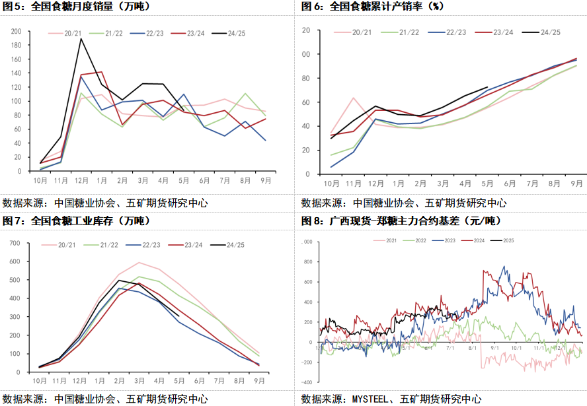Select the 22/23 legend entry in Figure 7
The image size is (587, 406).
pos(147,245)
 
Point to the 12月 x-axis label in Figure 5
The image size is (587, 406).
pos(81,180)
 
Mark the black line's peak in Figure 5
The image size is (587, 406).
pos(81,38)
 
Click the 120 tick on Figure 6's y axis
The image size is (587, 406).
pos(306,30)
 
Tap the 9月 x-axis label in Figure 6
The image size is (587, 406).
pos(576,183)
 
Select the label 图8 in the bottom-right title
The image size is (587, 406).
pos(311,219)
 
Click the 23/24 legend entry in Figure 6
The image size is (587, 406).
pos(503,32)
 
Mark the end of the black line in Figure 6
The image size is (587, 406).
pos(487,87)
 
